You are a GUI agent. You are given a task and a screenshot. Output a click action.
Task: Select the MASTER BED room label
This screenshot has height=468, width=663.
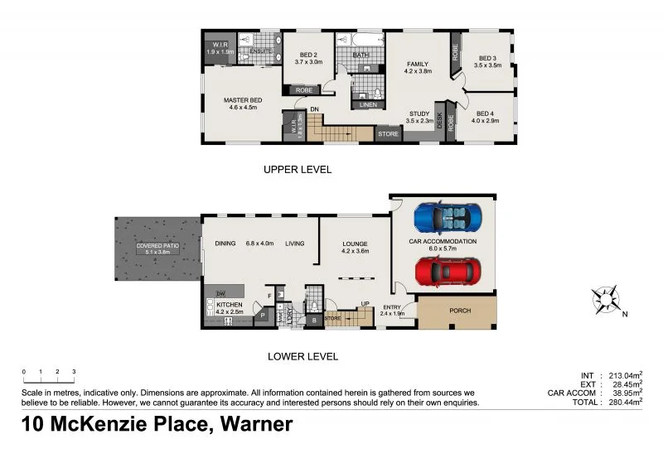242,100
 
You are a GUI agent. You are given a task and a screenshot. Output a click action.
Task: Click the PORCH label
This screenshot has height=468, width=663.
460,311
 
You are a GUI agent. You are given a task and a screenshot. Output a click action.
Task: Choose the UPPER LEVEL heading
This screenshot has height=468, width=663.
297,169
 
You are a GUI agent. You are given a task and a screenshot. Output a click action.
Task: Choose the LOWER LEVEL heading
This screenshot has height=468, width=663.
302,356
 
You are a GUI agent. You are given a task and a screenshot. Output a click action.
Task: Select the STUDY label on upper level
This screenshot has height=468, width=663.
420,114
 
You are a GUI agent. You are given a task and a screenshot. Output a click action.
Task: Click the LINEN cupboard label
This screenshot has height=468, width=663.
366,104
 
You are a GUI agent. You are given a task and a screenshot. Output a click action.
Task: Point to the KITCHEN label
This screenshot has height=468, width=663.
229,305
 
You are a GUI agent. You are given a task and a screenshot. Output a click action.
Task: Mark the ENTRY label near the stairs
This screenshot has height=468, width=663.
392,306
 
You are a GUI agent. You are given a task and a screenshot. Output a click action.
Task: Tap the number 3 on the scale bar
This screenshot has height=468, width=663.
74,372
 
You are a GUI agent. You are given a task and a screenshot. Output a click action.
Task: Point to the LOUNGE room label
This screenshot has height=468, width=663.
356,244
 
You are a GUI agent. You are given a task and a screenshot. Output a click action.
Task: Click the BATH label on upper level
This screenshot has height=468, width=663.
361,55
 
